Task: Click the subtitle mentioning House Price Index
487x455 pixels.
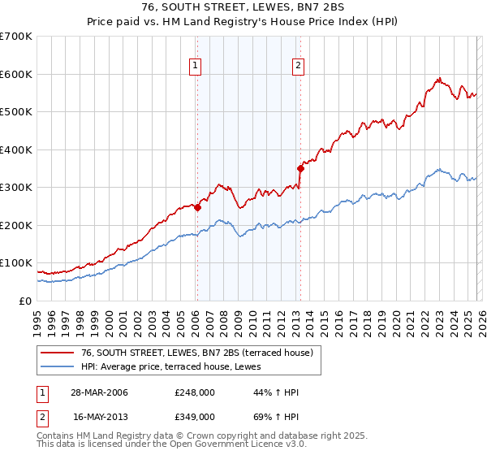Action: [x=243, y=22]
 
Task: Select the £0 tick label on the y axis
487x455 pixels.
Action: [x=26, y=301]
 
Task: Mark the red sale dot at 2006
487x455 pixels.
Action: [x=197, y=207]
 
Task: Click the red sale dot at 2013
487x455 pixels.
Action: [x=300, y=169]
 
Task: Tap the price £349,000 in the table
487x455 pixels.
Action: [x=195, y=416]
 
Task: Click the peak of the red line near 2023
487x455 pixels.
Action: [x=438, y=78]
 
